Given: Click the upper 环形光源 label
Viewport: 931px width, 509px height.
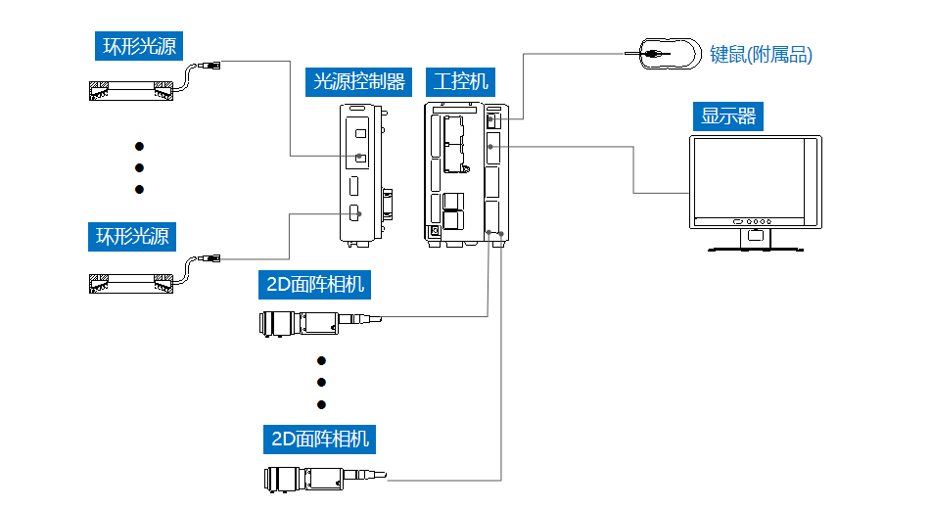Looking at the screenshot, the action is coord(139,46).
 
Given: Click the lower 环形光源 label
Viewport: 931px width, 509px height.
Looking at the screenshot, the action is coord(132,237).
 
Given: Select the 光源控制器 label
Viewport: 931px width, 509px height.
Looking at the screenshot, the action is coord(358,82).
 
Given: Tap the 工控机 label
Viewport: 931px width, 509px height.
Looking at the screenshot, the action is coord(460,82).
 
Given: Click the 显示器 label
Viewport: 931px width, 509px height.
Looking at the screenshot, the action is coord(728,116).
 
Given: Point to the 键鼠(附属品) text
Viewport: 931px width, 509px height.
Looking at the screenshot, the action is coord(761,55).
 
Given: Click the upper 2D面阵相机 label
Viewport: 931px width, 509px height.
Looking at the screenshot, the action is coord(314,285).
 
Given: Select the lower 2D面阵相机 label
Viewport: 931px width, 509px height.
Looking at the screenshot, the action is coord(319,440).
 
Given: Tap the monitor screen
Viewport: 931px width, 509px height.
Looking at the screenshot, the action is coord(749,178).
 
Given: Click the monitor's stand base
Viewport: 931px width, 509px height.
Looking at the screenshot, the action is coord(755,250).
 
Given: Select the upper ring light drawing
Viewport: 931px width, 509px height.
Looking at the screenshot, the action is coord(131,91).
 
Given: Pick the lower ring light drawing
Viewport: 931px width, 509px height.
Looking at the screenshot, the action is coord(131,284).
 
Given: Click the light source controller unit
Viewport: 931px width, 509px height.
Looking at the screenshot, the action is coord(363,175).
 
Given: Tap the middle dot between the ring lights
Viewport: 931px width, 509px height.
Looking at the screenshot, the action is coord(140,168).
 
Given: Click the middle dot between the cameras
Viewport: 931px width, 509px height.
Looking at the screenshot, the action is coord(322,383).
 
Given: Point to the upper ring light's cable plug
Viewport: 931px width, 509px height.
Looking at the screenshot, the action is coord(209,66).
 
